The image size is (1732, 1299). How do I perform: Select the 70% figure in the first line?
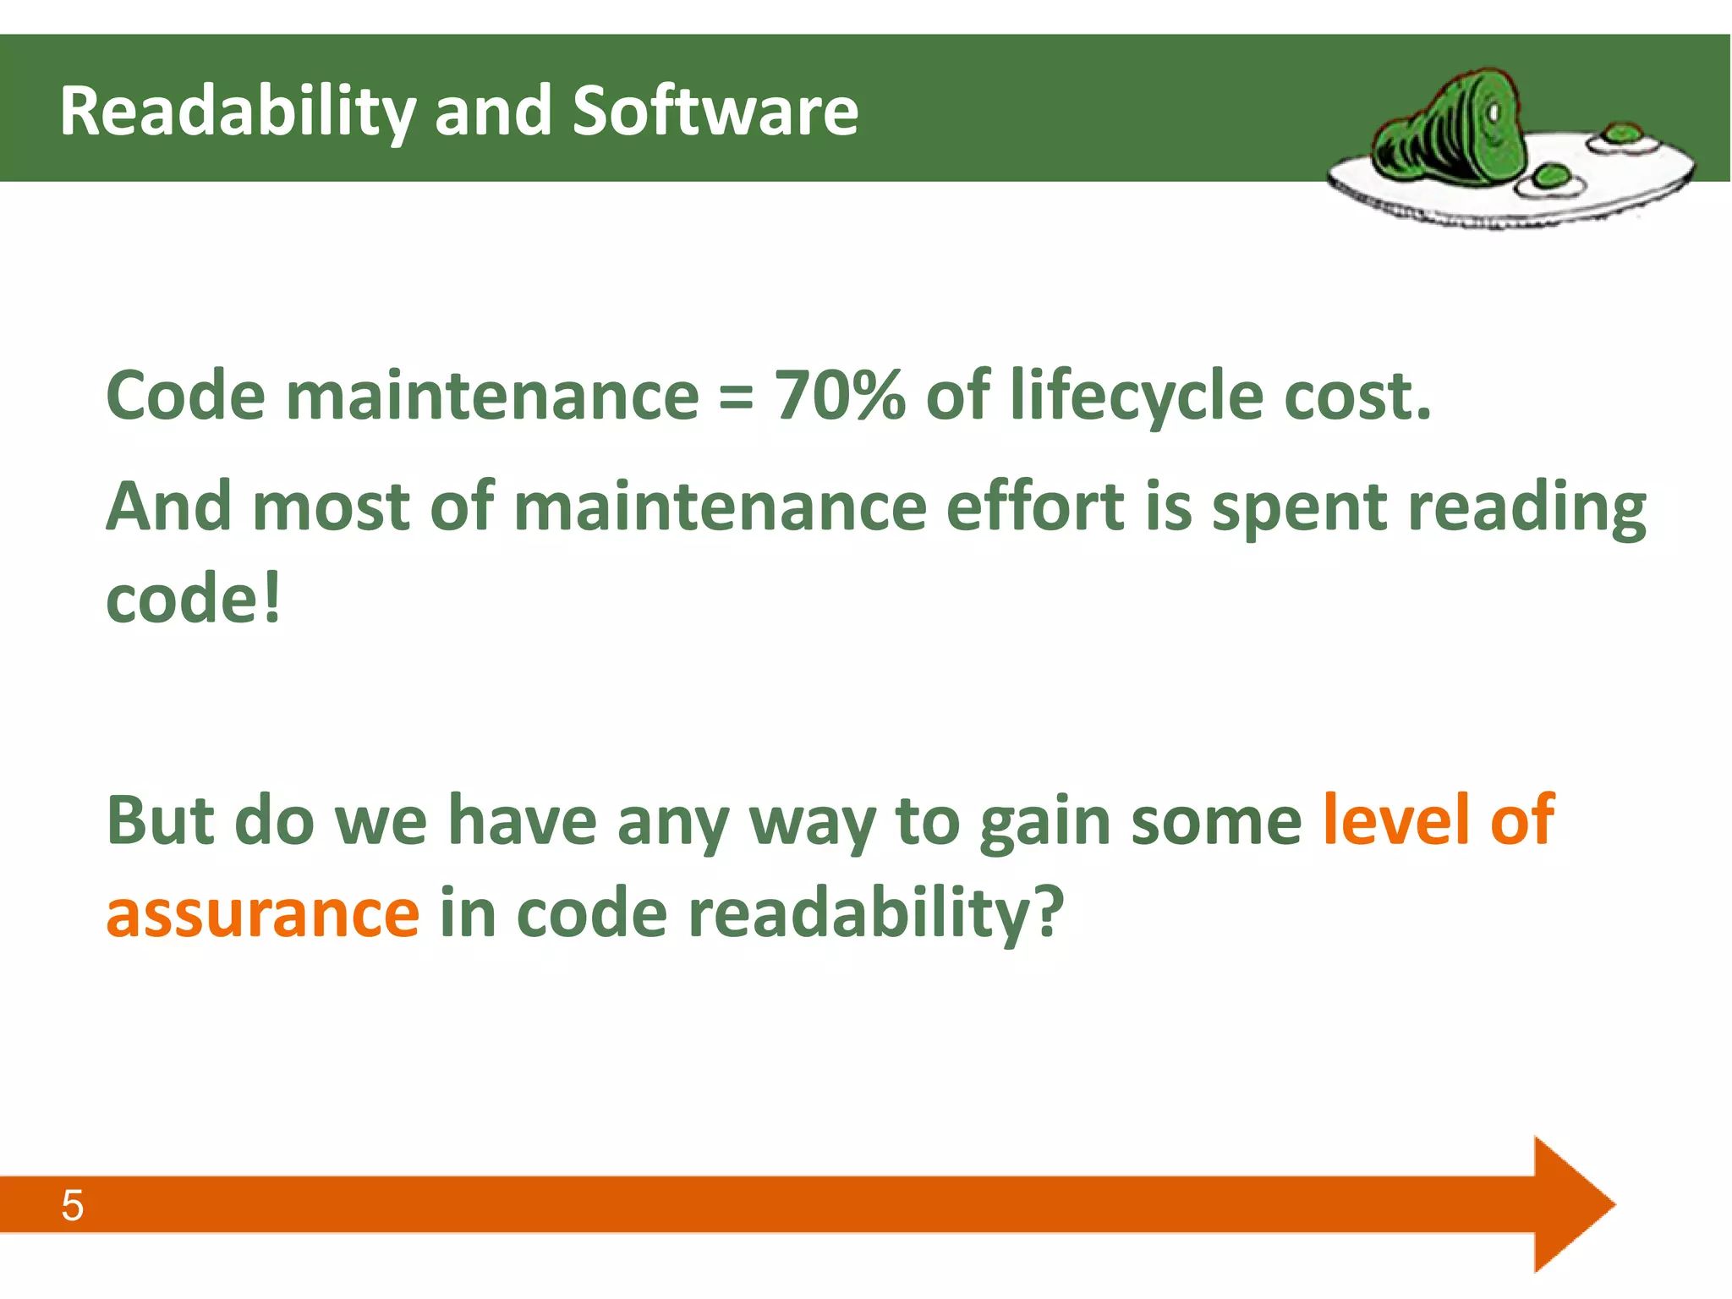coord(839,395)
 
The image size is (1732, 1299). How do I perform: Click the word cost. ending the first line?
coord(1356,396)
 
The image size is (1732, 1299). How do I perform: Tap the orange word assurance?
coord(262,913)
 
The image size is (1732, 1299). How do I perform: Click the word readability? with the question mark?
coord(875,915)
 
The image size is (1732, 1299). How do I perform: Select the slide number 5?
coord(73,1205)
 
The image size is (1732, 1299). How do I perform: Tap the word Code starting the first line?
coord(186,395)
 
